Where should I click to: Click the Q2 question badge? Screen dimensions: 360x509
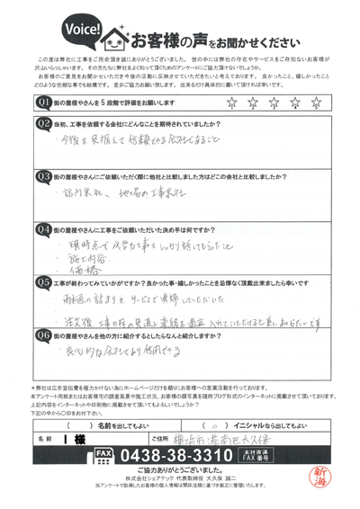[42, 126]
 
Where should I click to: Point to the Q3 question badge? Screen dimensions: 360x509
[42, 177]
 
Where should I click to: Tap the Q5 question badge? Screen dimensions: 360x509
[42, 281]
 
